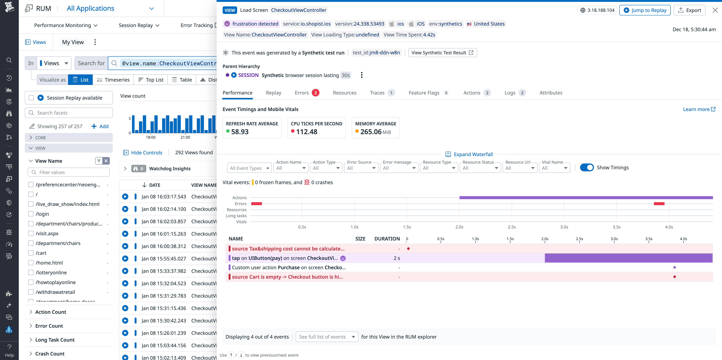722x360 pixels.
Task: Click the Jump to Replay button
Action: (645, 10)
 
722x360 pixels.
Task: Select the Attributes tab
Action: (551, 93)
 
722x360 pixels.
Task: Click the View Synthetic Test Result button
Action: (442, 53)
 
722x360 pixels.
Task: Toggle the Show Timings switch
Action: (587, 168)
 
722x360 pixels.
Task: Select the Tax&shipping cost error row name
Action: (288, 249)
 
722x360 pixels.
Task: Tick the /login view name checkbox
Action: (31, 214)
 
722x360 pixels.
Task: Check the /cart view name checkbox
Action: (31, 253)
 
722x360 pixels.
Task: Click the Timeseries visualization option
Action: (113, 80)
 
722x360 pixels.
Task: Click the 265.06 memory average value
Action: (371, 132)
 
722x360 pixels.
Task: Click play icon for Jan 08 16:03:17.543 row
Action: (125, 197)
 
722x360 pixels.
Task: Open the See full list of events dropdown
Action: (327, 337)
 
